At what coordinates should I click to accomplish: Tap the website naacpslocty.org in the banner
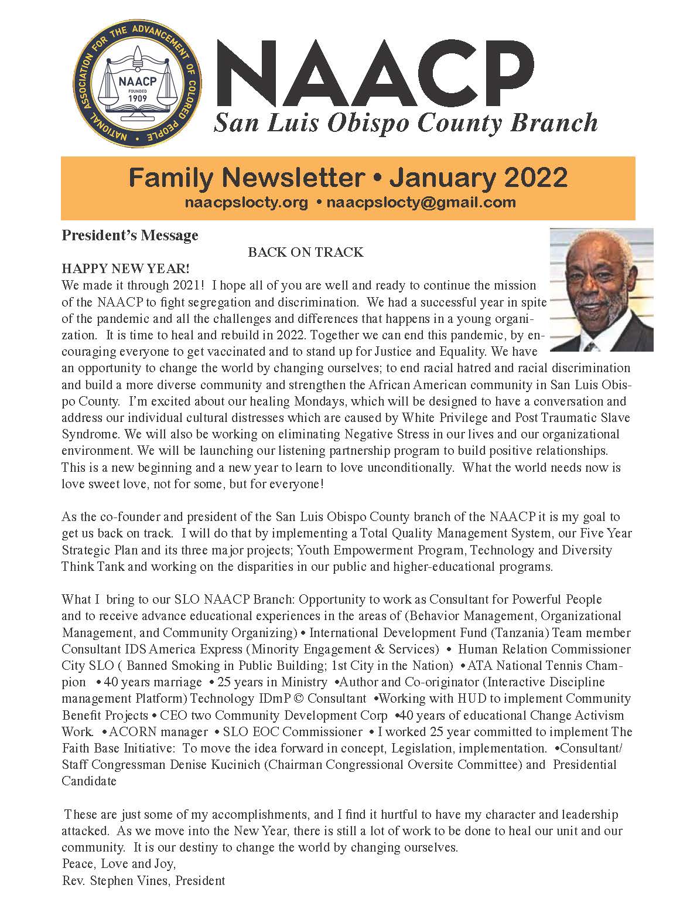246,203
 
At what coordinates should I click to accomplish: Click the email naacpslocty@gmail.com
421,203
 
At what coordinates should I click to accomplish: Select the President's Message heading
130,236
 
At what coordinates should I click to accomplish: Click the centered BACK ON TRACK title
305,253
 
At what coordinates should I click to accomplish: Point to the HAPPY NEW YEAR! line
126,269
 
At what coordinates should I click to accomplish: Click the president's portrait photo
602,290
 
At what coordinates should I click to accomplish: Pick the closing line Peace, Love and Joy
119,864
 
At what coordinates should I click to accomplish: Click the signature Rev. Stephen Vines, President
143,880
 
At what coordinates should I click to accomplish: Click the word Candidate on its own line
89,781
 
